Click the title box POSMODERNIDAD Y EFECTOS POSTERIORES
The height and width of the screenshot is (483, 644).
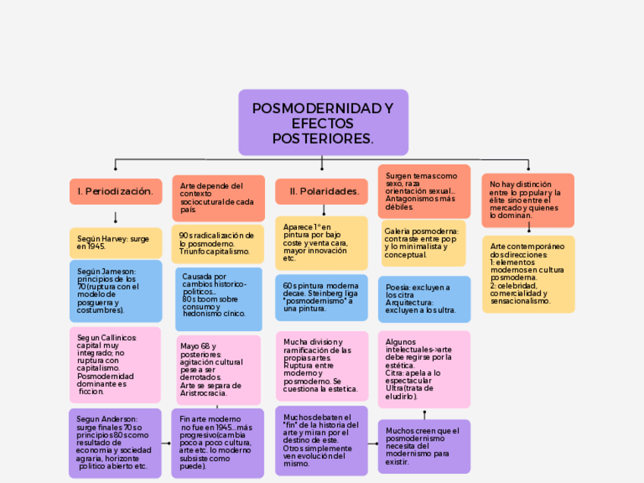pos(323,122)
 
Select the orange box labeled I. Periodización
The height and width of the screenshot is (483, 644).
pos(115,191)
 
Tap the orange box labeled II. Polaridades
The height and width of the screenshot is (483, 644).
pos(324,191)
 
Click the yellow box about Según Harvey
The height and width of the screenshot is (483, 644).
pos(115,242)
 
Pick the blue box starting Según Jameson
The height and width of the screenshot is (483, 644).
pos(115,291)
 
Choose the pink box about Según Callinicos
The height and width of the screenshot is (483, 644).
pos(115,365)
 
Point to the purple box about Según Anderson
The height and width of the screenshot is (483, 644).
pos(115,443)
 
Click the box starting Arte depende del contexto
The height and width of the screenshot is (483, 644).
pos(218,197)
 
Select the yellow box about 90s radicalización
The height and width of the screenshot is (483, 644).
pos(217,243)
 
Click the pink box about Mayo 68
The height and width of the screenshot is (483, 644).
pos(219,370)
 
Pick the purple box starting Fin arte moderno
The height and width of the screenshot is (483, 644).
pos(219,443)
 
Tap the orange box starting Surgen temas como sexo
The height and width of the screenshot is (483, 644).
pos(424,191)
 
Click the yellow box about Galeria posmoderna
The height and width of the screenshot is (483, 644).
pos(424,243)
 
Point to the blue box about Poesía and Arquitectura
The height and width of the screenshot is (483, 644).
pos(424,298)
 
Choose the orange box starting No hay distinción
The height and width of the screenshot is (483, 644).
pos(528,200)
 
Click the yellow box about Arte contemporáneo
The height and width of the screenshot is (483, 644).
pos(528,274)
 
